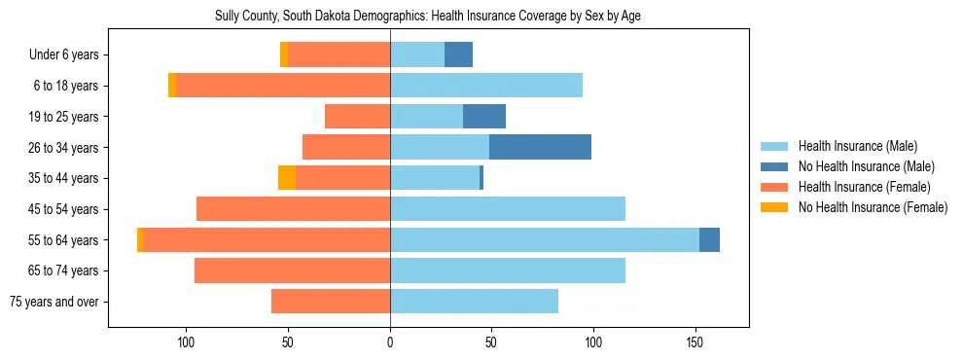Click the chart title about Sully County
(x=427, y=17)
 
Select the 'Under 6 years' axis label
(x=69, y=55)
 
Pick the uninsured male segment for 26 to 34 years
(x=540, y=148)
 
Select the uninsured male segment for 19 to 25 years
(x=484, y=117)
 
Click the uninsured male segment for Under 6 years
(x=458, y=55)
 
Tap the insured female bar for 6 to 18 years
(x=283, y=86)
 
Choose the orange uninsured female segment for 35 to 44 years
(x=287, y=178)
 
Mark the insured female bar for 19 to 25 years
(x=357, y=117)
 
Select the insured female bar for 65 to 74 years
(x=292, y=270)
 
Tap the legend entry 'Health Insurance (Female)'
(x=863, y=187)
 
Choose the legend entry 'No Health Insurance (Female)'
(x=871, y=207)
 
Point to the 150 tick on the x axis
(x=695, y=342)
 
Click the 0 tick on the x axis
(x=390, y=342)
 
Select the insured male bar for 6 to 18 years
(x=486, y=86)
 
